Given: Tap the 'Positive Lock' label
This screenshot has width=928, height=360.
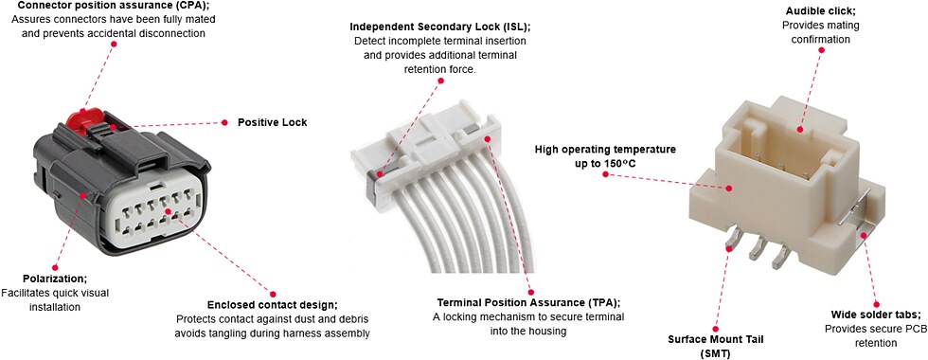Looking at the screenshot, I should click(x=272, y=122).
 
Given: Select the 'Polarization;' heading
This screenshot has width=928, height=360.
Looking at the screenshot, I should click(x=55, y=279).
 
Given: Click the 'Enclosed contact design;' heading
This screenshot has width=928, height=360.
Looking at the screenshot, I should click(x=273, y=304).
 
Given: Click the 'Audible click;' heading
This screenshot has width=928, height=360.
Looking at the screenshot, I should click(x=816, y=11).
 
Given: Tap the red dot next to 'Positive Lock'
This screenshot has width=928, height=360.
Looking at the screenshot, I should click(x=225, y=122).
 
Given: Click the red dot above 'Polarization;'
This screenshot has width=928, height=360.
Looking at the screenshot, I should click(x=55, y=267).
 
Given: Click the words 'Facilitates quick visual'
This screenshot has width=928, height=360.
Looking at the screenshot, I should click(x=55, y=293).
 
